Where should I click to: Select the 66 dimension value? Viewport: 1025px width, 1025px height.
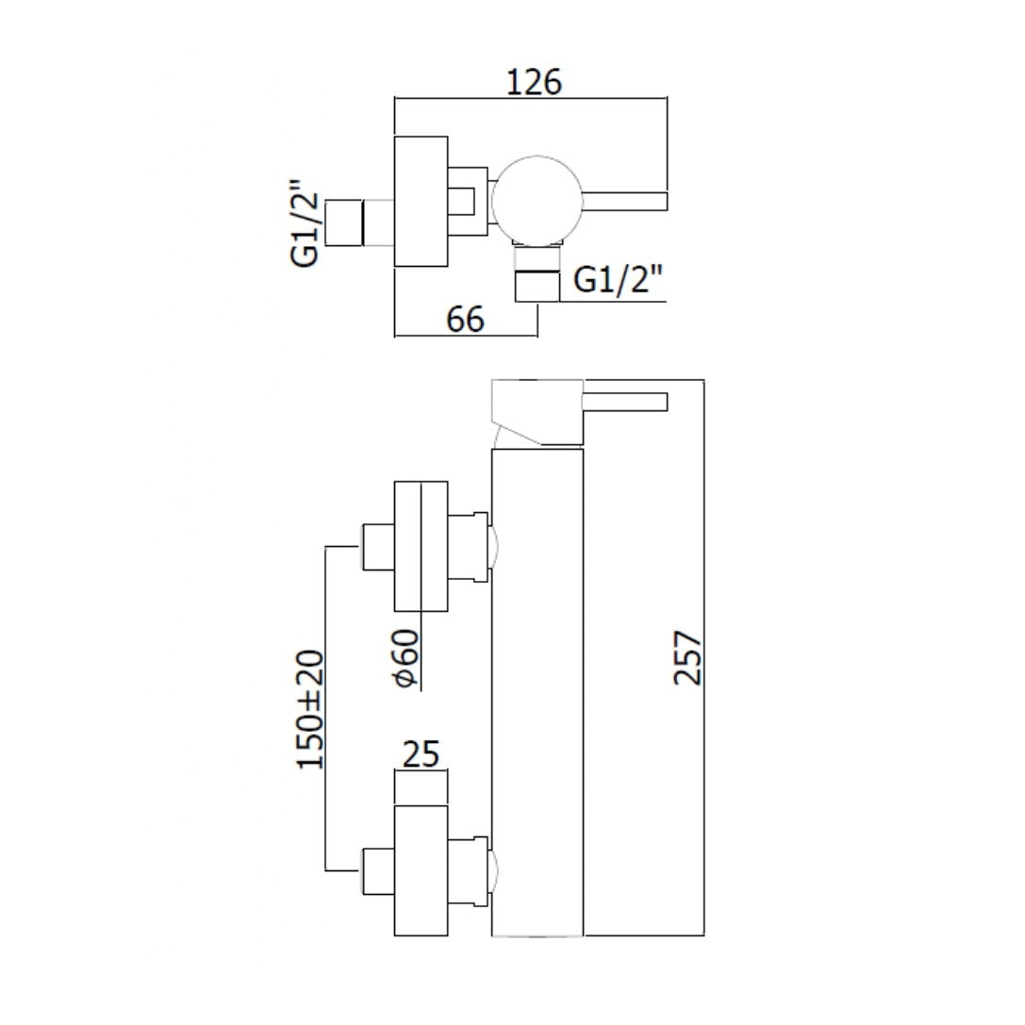pyautogui.click(x=465, y=320)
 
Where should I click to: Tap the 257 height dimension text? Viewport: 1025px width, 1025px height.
pyautogui.click(x=689, y=657)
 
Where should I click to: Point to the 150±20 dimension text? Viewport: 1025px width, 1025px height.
pyautogui.click(x=312, y=708)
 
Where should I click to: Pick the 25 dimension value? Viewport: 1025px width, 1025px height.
pyautogui.click(x=421, y=754)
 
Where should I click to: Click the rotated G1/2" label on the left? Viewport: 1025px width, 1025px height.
pyautogui.click(x=308, y=223)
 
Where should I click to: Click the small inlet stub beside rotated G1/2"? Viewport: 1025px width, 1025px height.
pyautogui.click(x=344, y=223)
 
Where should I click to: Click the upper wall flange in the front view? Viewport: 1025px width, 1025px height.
pyautogui.click(x=421, y=546)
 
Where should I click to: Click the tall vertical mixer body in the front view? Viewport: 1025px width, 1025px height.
pyautogui.click(x=537, y=693)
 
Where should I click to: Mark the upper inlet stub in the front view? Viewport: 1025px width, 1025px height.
pyautogui.click(x=376, y=547)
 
